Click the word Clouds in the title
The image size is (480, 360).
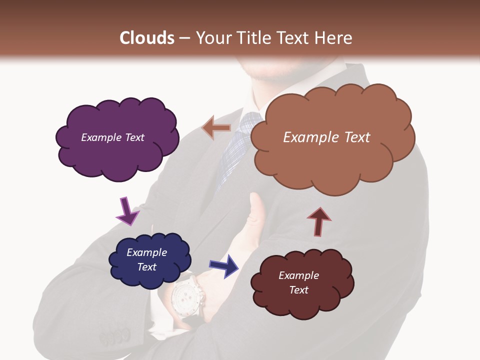(147, 38)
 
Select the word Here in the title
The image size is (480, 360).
(334, 38)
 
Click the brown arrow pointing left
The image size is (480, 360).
(216, 128)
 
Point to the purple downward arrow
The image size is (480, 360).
(127, 210)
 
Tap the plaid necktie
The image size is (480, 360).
(238, 150)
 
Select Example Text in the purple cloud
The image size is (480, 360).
(112, 137)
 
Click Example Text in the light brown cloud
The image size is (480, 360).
(326, 137)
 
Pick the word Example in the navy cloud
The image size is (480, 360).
(146, 252)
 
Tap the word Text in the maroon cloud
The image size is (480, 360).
(298, 290)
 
